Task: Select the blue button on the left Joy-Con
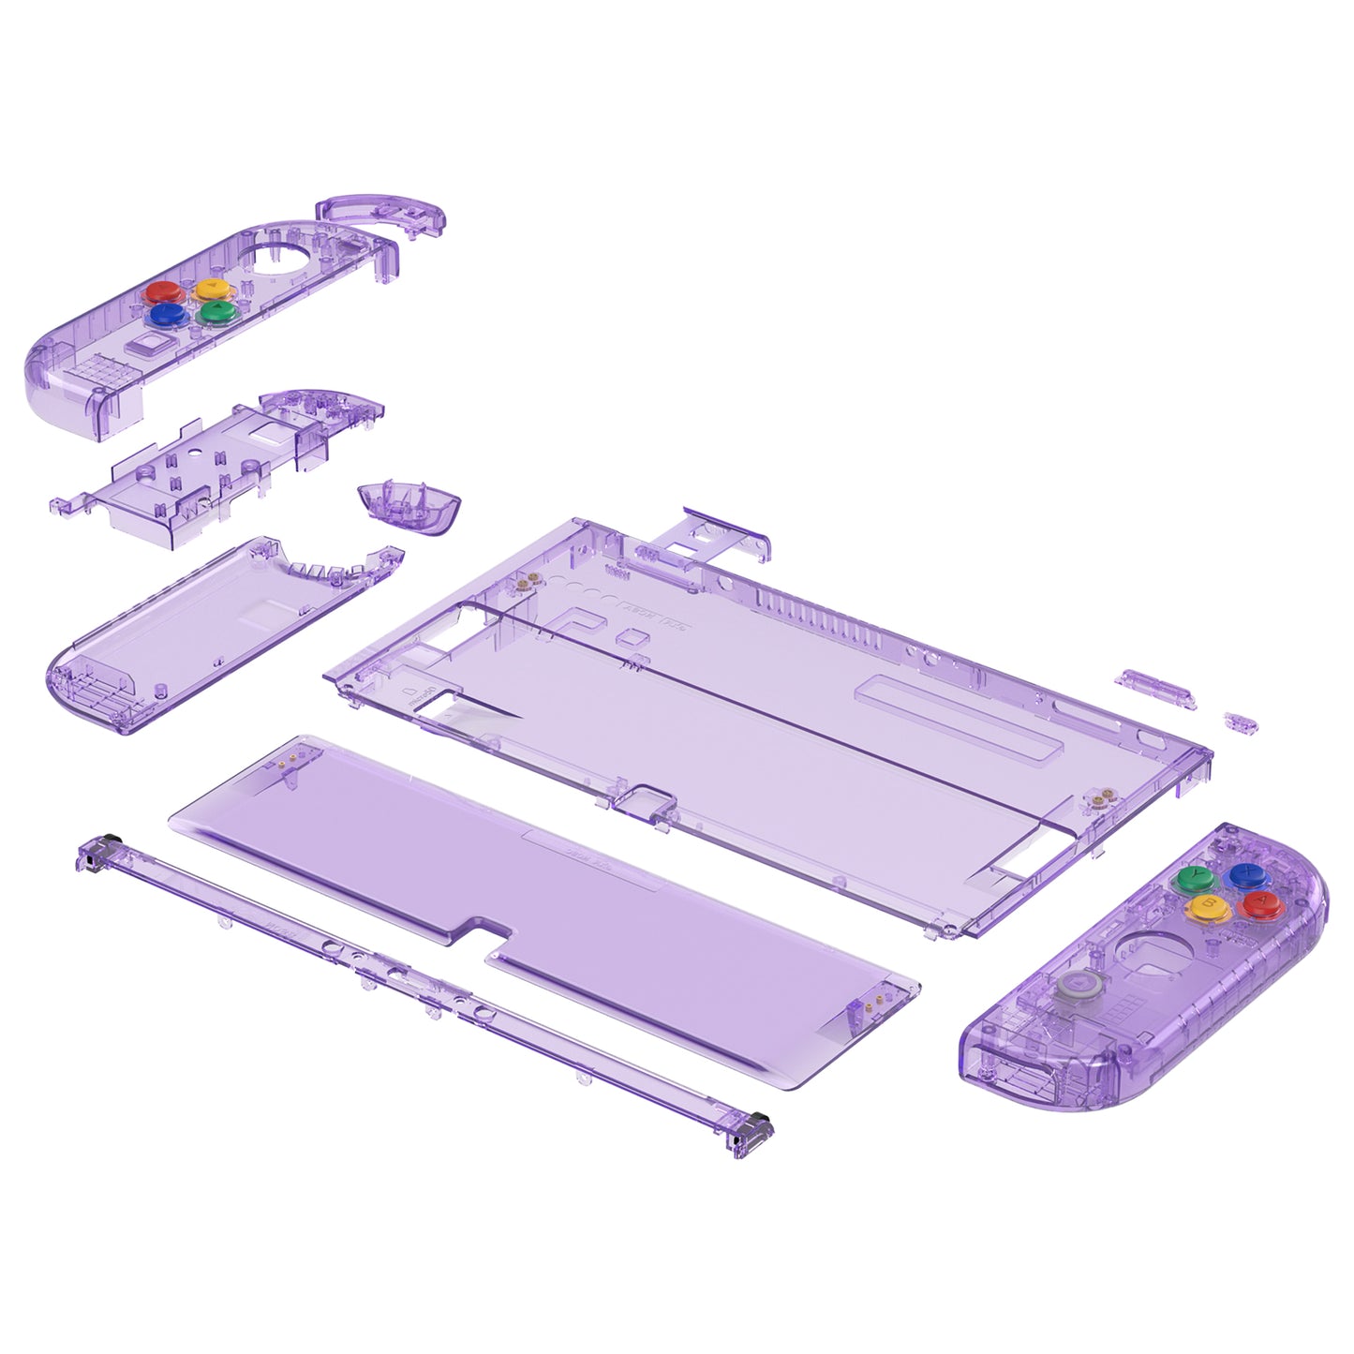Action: click(166, 315)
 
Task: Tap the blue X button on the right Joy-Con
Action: click(1249, 876)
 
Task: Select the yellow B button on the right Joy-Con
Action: click(1203, 906)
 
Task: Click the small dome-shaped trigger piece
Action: click(409, 506)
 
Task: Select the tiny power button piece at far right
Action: click(1241, 722)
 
